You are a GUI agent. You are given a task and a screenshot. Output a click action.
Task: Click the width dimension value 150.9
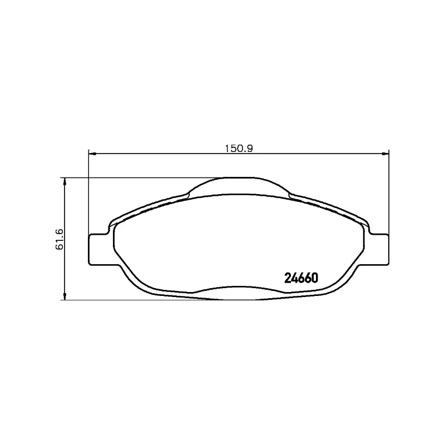point(238,148)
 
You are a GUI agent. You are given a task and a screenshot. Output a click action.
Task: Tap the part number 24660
point(301,278)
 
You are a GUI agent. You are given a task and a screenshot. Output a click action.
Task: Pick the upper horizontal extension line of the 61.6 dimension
point(139,178)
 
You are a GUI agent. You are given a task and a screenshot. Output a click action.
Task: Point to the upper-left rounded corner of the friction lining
point(118,222)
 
